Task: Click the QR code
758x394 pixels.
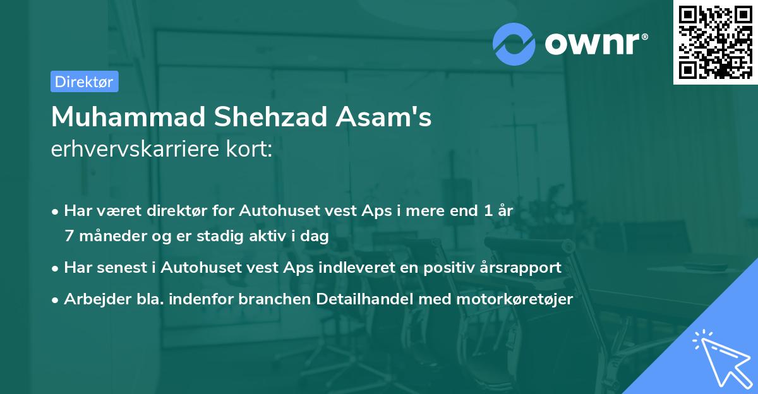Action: [715, 42]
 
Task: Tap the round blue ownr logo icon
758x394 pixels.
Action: [514, 43]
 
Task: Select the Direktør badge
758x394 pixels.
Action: [84, 81]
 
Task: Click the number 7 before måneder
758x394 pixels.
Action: [68, 236]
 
